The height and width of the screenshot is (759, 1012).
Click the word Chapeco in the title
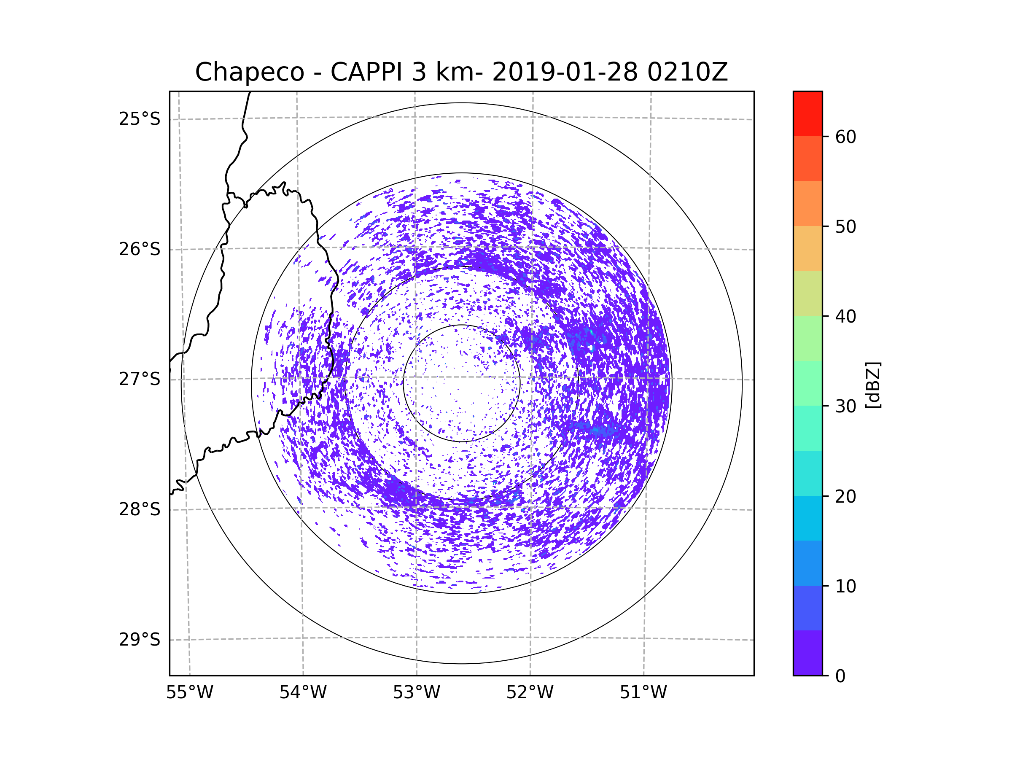(x=249, y=72)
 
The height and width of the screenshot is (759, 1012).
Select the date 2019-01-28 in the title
(x=565, y=72)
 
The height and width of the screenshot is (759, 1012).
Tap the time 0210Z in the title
(x=687, y=72)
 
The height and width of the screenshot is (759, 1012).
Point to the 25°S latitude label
(x=140, y=119)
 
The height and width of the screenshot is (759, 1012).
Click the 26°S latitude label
(x=140, y=249)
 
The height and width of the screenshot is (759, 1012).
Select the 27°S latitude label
(x=140, y=379)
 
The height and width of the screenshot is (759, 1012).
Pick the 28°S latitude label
(x=140, y=509)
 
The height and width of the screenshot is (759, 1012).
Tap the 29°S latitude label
(x=140, y=640)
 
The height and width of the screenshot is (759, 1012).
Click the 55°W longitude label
(x=189, y=693)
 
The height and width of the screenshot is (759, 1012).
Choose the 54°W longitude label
(x=303, y=693)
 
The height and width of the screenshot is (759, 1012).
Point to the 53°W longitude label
(x=416, y=693)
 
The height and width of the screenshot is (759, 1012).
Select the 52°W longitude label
(x=530, y=693)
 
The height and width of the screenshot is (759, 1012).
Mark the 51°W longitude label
(x=643, y=693)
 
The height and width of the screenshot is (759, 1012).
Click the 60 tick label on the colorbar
(x=845, y=137)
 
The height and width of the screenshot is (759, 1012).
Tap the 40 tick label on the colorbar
(x=845, y=317)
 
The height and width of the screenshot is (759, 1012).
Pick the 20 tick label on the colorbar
(x=845, y=496)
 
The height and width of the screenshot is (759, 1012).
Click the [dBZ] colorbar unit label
(x=873, y=385)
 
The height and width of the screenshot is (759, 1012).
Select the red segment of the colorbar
(x=807, y=113)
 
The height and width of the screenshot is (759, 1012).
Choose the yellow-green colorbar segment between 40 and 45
(x=807, y=293)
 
